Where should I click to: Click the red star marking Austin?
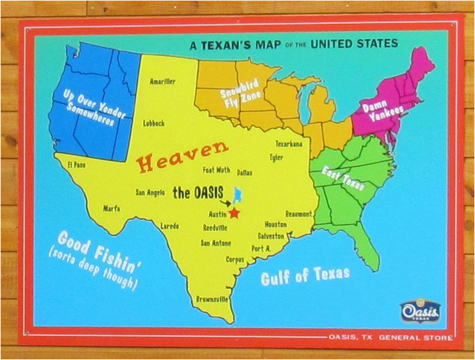point(234,212)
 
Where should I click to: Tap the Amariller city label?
point(162,82)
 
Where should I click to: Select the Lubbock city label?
point(155,123)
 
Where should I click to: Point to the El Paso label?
point(76,165)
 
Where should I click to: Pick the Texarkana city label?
point(288,143)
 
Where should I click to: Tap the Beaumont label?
point(299,214)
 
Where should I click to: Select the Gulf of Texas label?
point(305,275)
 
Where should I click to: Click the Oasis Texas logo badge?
point(420,312)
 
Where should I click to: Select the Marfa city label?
point(113,208)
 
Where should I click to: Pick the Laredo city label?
point(170,226)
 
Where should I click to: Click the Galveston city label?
point(270,236)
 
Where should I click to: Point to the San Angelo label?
point(154,192)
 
